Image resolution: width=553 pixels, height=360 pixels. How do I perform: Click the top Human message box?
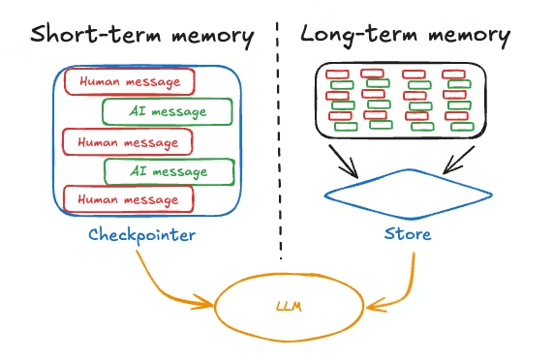point(130,81)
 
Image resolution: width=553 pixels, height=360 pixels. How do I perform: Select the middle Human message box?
point(128,141)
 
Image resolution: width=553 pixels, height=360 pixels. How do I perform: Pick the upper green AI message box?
point(168,111)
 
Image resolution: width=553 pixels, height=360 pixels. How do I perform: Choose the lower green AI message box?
point(169,171)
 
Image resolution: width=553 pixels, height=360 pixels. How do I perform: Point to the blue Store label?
point(408,234)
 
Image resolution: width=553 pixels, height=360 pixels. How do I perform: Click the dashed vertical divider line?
point(280,145)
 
